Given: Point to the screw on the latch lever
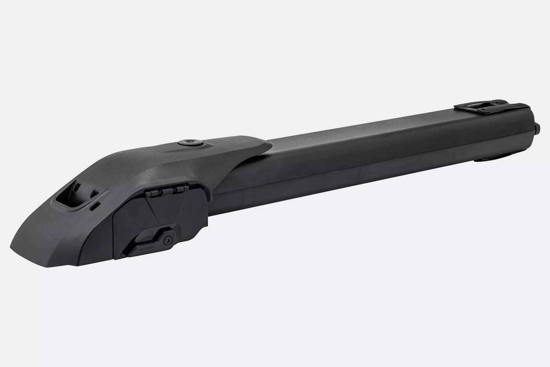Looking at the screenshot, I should [x=168, y=240].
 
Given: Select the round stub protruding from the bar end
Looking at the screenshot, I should [x=538, y=128].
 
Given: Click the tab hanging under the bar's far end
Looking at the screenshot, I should [x=494, y=159].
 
